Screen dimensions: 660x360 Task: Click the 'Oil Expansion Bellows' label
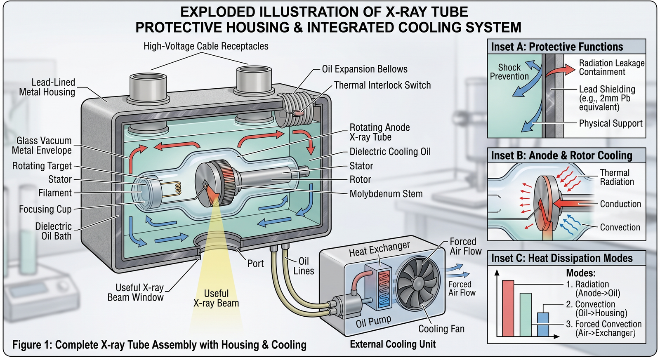pyautogui.click(x=365, y=69)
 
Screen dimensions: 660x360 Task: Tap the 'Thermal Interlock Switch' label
pyautogui.click(x=382, y=85)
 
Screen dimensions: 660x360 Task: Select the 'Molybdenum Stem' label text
pyautogui.click(x=386, y=194)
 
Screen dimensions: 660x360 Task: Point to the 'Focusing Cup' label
pyautogui.click(x=45, y=209)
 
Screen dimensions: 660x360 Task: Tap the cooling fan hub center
pyautogui.click(x=419, y=283)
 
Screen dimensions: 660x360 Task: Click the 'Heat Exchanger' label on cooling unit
pyautogui.click(x=379, y=249)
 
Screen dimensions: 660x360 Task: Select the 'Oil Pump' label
pyautogui.click(x=373, y=321)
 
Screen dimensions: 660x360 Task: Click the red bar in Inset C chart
pyautogui.click(x=508, y=308)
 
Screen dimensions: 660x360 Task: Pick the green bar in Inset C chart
pyautogui.click(x=526, y=315)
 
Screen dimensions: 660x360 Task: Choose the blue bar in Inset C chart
pyautogui.click(x=543, y=325)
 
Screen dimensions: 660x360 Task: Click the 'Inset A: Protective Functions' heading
pyautogui.click(x=557, y=47)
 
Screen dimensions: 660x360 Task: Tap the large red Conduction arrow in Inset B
pyautogui.click(x=566, y=204)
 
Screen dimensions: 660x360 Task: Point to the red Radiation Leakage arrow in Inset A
pyautogui.click(x=560, y=71)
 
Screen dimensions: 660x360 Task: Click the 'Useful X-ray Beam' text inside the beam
pyautogui.click(x=216, y=298)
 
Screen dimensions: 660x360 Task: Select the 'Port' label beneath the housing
pyautogui.click(x=255, y=264)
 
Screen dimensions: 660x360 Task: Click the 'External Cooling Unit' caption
pyautogui.click(x=393, y=344)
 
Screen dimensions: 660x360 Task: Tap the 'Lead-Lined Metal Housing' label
pyautogui.click(x=47, y=87)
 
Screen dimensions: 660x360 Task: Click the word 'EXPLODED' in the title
pyautogui.click(x=218, y=12)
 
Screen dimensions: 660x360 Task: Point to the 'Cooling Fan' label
pyautogui.click(x=441, y=329)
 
